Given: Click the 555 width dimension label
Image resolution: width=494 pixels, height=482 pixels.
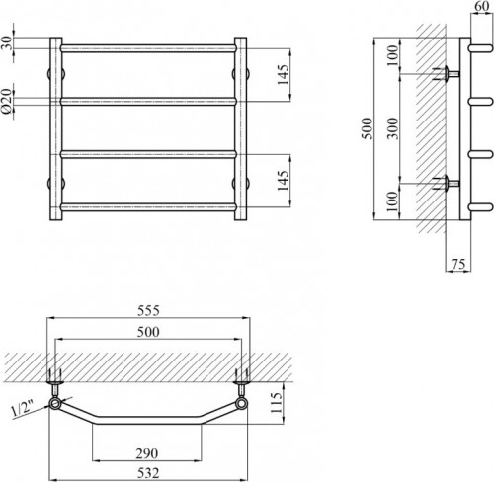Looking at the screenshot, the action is click(x=148, y=311).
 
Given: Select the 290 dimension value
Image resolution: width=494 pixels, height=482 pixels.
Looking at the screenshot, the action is click(x=147, y=453).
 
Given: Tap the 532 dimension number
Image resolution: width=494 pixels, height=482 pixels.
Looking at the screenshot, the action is click(x=148, y=473).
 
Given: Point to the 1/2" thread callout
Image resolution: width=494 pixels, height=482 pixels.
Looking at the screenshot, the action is click(x=23, y=409).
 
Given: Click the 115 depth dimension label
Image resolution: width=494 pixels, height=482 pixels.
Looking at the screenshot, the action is click(x=276, y=403).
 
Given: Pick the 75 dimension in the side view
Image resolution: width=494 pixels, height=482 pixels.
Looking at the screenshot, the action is click(x=459, y=264).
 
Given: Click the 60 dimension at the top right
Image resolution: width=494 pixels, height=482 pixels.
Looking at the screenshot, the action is click(x=482, y=7).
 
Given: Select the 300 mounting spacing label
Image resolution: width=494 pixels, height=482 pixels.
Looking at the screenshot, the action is click(x=392, y=128).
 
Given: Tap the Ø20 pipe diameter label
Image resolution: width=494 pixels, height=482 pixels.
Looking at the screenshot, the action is click(x=8, y=102).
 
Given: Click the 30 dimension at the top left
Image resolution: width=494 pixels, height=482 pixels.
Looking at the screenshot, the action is click(x=8, y=42).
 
